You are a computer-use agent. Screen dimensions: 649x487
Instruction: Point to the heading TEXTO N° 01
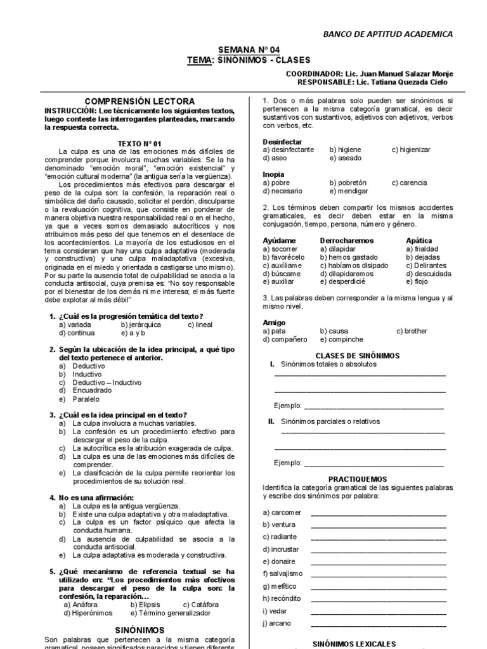click(x=140, y=144)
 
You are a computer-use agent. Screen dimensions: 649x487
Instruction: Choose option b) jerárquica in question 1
click(x=141, y=324)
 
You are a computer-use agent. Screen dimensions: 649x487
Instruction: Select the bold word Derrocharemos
click(x=347, y=241)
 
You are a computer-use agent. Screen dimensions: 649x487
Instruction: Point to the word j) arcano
click(x=277, y=623)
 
